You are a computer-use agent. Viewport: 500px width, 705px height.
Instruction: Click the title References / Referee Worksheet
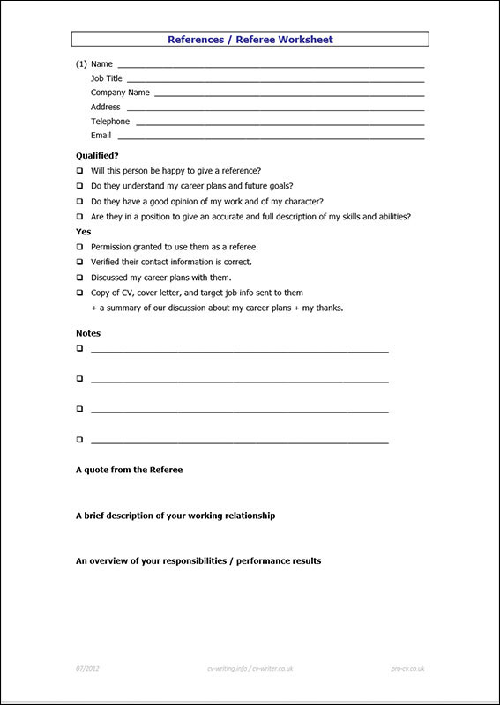[250, 39]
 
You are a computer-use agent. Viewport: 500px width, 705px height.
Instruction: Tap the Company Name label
[120, 93]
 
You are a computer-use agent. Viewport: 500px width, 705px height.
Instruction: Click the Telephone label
[109, 122]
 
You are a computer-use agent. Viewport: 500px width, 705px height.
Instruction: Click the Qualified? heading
[97, 155]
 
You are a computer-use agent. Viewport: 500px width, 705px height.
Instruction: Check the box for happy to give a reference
[79, 171]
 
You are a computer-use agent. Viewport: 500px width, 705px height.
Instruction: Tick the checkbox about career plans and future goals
[79, 186]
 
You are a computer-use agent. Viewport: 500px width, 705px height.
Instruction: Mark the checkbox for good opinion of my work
[79, 201]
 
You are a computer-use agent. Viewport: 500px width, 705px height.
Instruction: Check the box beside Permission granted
[79, 247]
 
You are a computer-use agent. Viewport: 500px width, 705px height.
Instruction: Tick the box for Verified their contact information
[79, 262]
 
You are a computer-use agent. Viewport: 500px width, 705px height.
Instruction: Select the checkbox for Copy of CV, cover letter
[79, 293]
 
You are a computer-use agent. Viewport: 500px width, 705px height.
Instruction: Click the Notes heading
[88, 333]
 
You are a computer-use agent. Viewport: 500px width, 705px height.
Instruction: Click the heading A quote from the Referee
[129, 470]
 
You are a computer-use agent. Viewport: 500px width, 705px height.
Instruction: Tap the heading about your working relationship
[175, 516]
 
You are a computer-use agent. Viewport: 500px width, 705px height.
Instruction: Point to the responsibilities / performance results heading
[198, 560]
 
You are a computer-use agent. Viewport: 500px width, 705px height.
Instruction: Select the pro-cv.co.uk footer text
[407, 669]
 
